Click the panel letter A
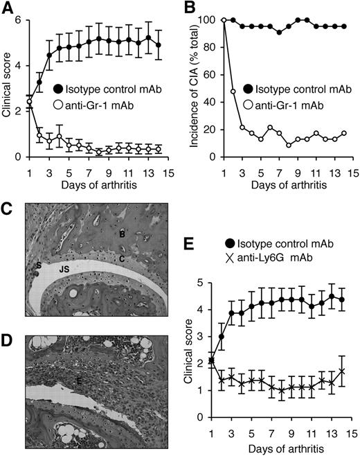coord(8,8)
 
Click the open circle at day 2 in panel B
coord(233,91)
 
